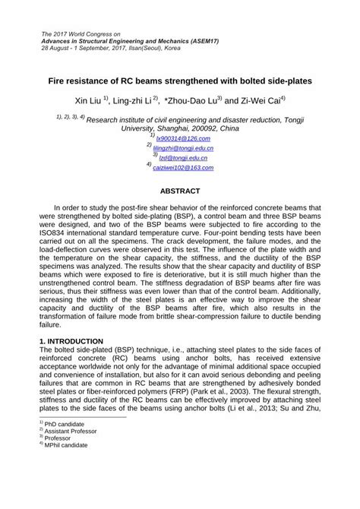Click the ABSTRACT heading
click(179, 191)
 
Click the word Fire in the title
click(62, 79)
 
